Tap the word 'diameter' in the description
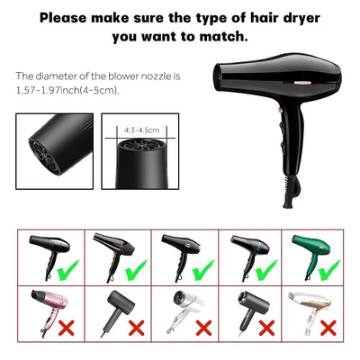point(60,77)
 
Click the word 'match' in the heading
point(219,38)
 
